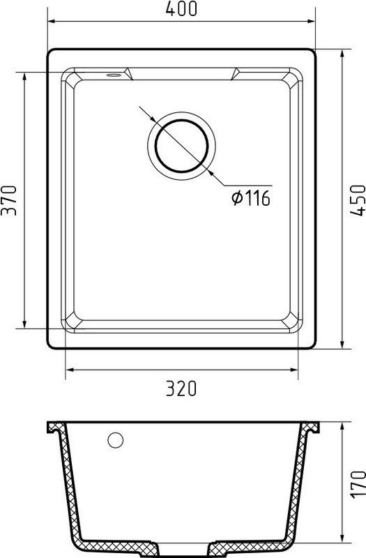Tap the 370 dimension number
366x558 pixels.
[9, 200]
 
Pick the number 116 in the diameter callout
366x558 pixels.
[257, 199]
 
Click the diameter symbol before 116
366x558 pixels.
[236, 199]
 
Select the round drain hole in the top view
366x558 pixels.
[181, 146]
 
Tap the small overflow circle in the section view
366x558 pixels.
[116, 440]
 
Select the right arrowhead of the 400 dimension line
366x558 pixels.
[313, 22]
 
